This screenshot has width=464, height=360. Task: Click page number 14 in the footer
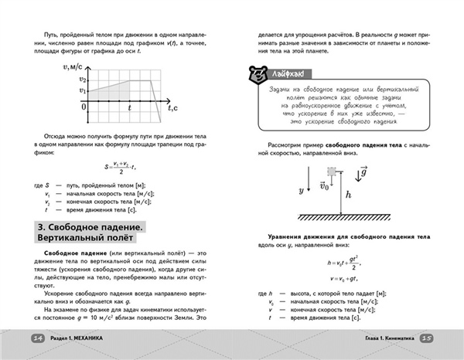tap(36, 338)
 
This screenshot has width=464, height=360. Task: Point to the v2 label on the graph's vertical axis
tap(84, 80)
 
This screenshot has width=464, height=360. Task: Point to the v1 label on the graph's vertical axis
tap(84, 91)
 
